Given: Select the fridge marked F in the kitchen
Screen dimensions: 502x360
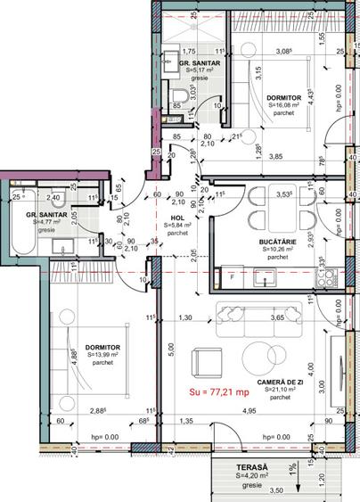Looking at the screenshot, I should [233, 278].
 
